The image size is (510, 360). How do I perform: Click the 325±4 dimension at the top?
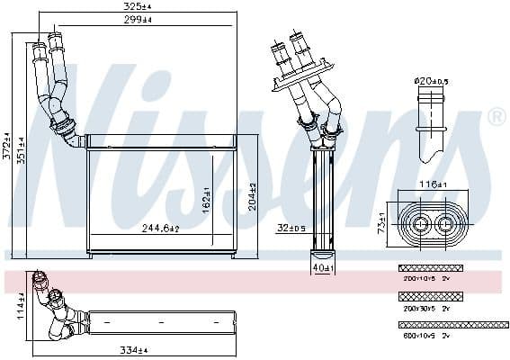tap(136, 6)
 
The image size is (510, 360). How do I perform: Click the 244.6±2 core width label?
tap(163, 229)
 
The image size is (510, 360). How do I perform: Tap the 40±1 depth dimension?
tap(321, 267)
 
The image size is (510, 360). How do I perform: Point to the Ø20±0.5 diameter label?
tap(431, 81)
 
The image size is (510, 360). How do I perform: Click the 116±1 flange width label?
tap(433, 184)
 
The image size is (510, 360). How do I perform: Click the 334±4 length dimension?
tap(133, 349)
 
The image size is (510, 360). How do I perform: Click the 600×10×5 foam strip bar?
tap(452, 324)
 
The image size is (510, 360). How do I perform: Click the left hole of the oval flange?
tap(420, 221)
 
